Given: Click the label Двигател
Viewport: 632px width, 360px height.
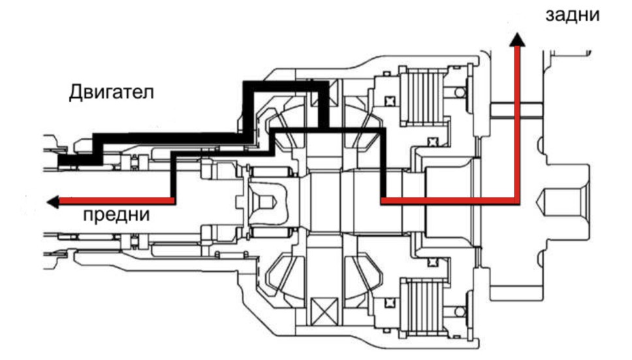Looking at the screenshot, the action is [111, 92].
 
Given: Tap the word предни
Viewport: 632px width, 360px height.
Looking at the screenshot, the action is [116, 214].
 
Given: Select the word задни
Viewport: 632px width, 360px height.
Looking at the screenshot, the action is [573, 15].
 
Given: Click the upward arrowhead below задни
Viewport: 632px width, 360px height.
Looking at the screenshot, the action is [517, 39].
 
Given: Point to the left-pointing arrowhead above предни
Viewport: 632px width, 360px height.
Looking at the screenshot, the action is [53, 201].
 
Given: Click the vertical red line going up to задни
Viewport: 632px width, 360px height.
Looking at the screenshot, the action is [517, 121].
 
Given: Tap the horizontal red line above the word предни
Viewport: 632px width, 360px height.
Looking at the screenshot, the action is [117, 201].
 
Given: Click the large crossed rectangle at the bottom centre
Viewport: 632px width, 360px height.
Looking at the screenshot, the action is [324, 311].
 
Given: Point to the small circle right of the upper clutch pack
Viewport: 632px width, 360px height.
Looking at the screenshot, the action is [460, 93].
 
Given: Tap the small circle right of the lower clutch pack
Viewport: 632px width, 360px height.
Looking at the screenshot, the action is [460, 311].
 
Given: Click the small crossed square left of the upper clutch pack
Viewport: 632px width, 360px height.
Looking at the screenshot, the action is [389, 101].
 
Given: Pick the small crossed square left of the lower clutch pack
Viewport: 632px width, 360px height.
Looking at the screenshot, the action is [389, 303].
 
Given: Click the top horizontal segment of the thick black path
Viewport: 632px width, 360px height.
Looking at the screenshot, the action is [286, 86].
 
